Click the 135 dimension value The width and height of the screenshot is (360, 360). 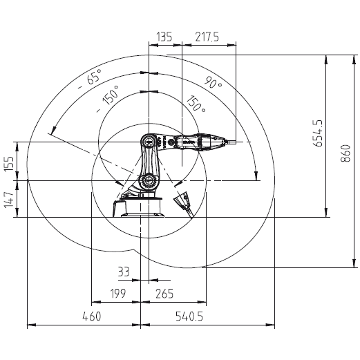pyautogui.click(x=164, y=37)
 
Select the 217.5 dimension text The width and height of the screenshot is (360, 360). pyautogui.click(x=207, y=37)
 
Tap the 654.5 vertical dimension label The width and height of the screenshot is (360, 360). pyautogui.click(x=319, y=133)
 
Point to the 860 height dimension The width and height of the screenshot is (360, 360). pyautogui.click(x=345, y=153)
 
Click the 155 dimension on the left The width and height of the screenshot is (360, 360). pyautogui.click(x=10, y=164)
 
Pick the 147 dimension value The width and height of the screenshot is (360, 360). pyautogui.click(x=10, y=200)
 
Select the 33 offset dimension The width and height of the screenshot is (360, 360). pyautogui.click(x=124, y=272)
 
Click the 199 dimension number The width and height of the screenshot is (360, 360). pyautogui.click(x=118, y=294)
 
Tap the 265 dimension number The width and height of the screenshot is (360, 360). pyautogui.click(x=164, y=294)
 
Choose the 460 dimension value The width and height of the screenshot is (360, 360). pyautogui.click(x=92, y=316)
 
